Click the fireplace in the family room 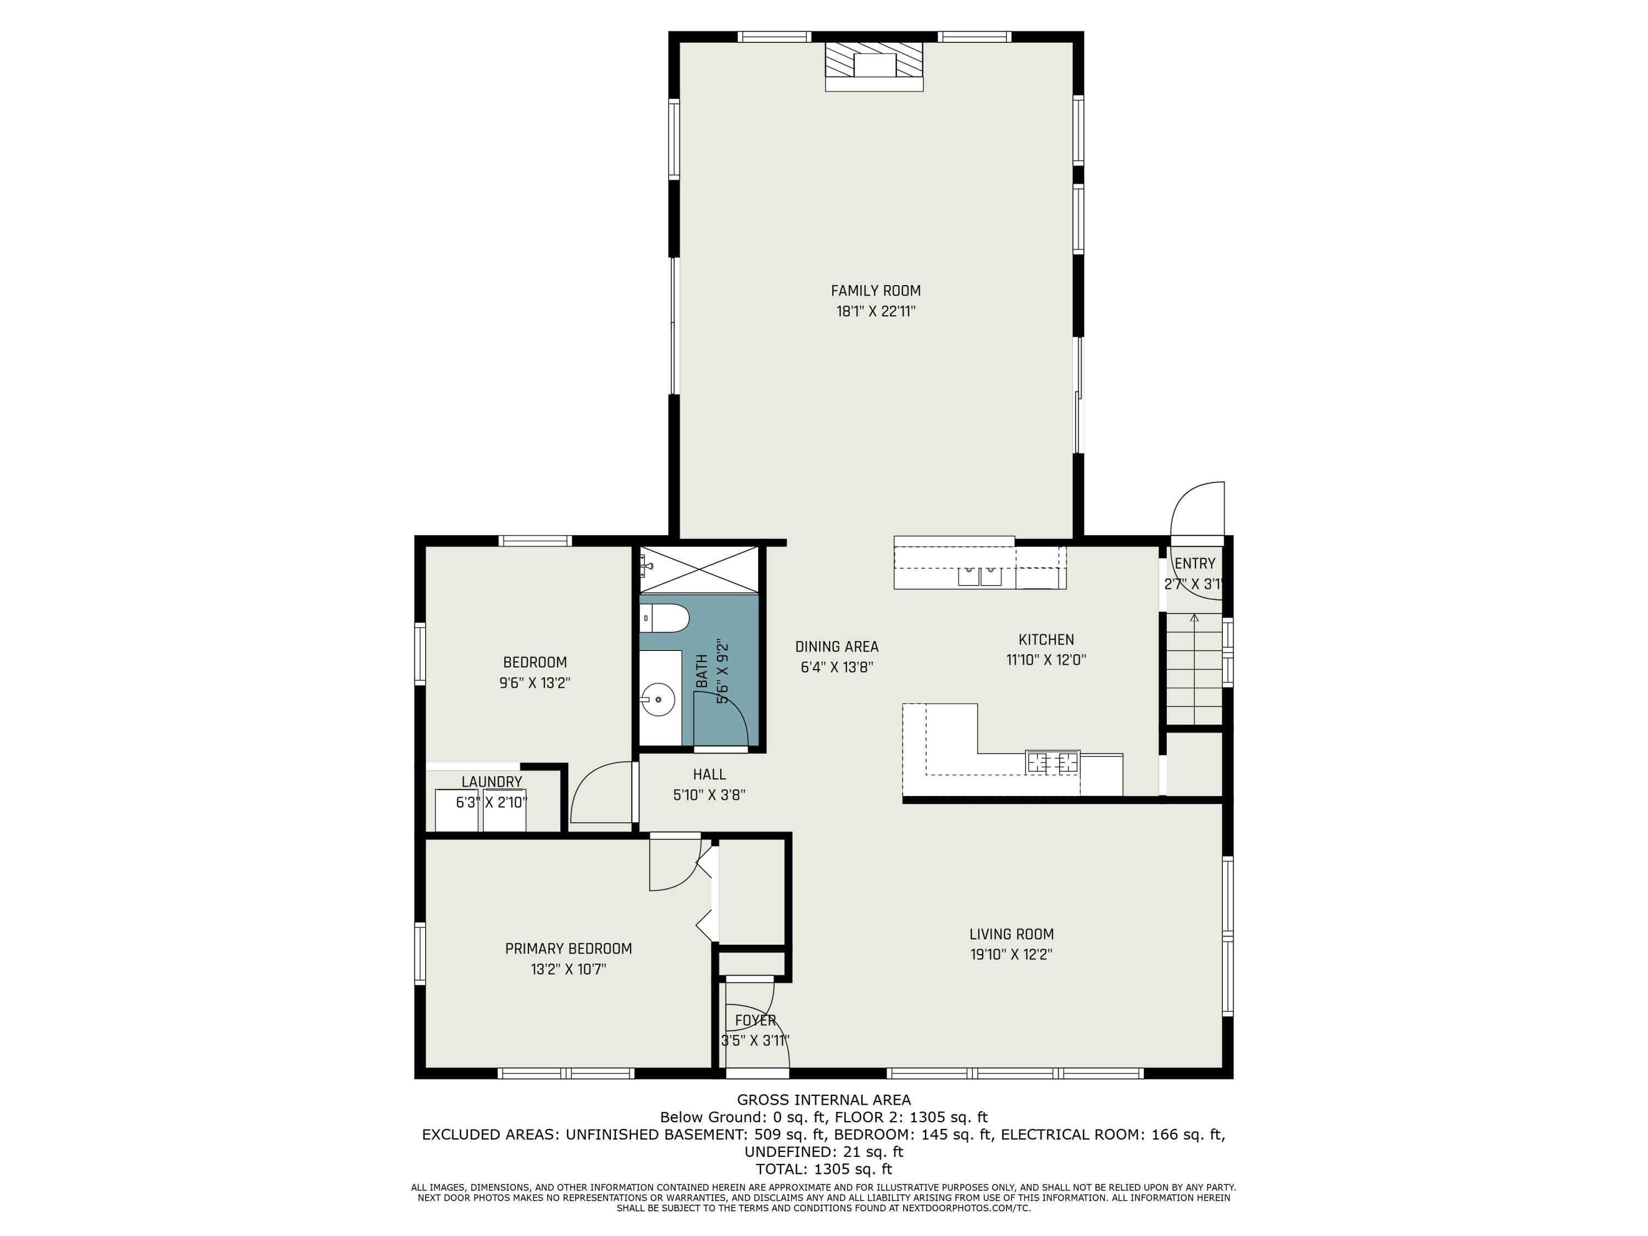click(874, 66)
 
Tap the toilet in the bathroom click(665, 617)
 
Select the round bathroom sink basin click(658, 699)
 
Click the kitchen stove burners click(1052, 761)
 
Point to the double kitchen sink click(979, 576)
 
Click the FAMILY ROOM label click(876, 291)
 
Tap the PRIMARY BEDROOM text click(569, 948)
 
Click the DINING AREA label click(837, 647)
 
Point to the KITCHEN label click(1046, 639)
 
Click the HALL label click(709, 774)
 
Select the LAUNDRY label click(492, 782)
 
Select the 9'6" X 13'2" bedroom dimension click(535, 682)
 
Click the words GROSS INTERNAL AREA click(824, 1100)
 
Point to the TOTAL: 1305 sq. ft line click(824, 1169)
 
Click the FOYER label click(755, 1020)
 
